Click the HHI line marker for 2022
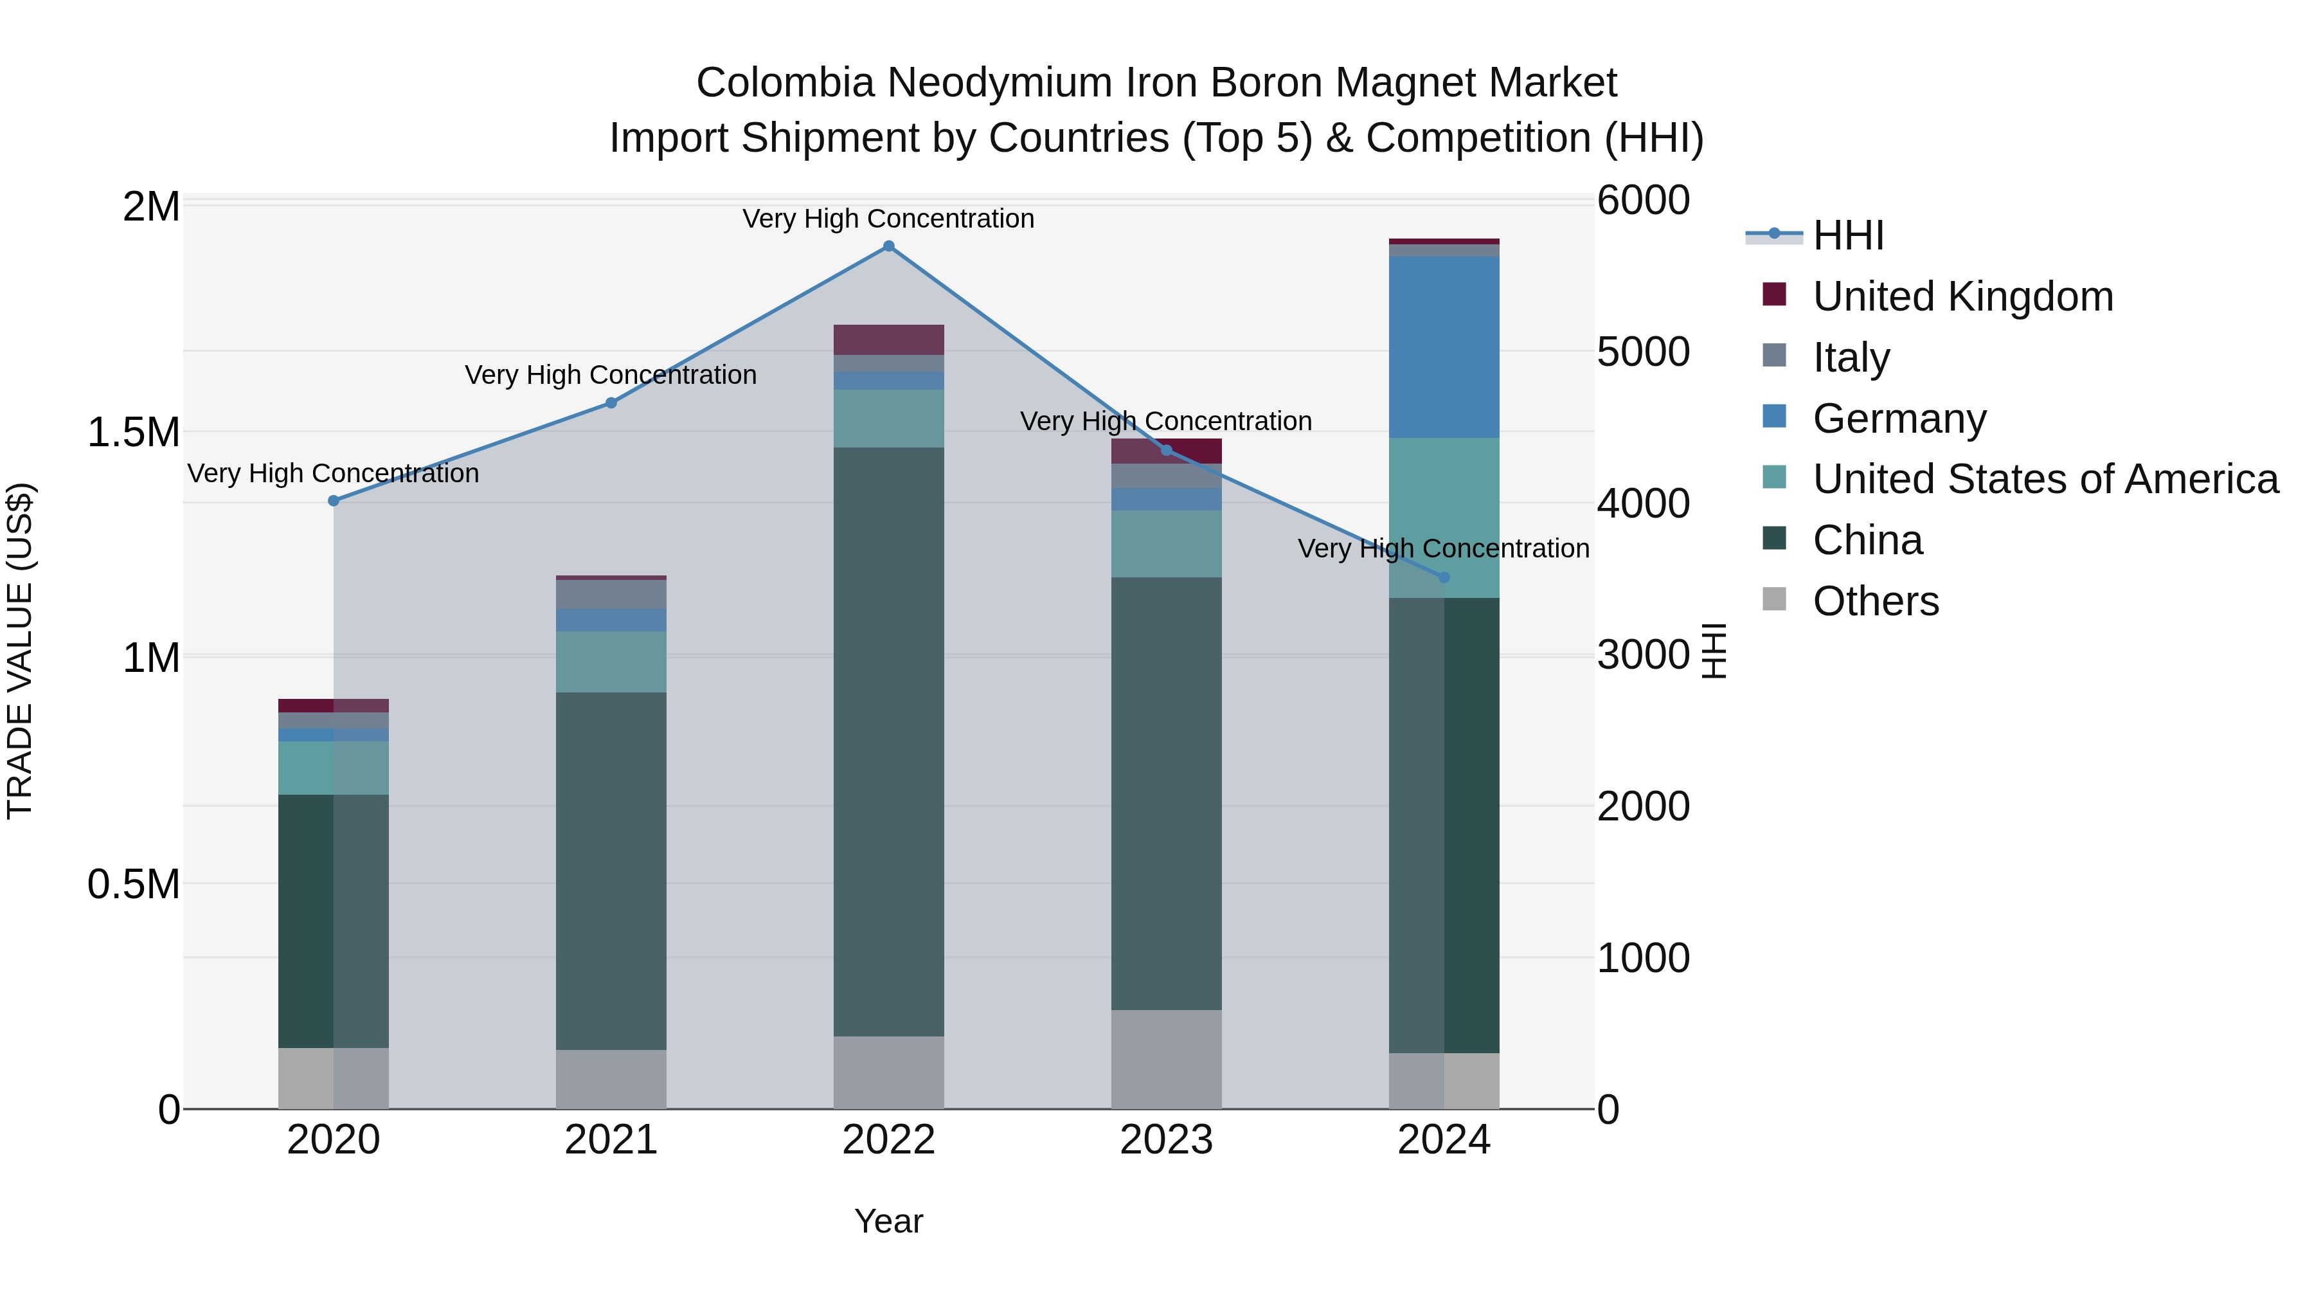(888, 246)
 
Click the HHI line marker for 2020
(333, 500)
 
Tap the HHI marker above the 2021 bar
(611, 402)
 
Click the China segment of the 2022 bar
(888, 741)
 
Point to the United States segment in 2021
(611, 662)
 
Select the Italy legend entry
(1851, 357)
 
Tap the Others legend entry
(1875, 601)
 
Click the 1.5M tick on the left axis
(133, 432)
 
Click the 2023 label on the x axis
(1166, 1140)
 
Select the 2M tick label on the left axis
(151, 206)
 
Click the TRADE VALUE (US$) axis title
(20, 651)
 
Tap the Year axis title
(888, 1221)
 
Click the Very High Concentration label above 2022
(888, 219)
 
